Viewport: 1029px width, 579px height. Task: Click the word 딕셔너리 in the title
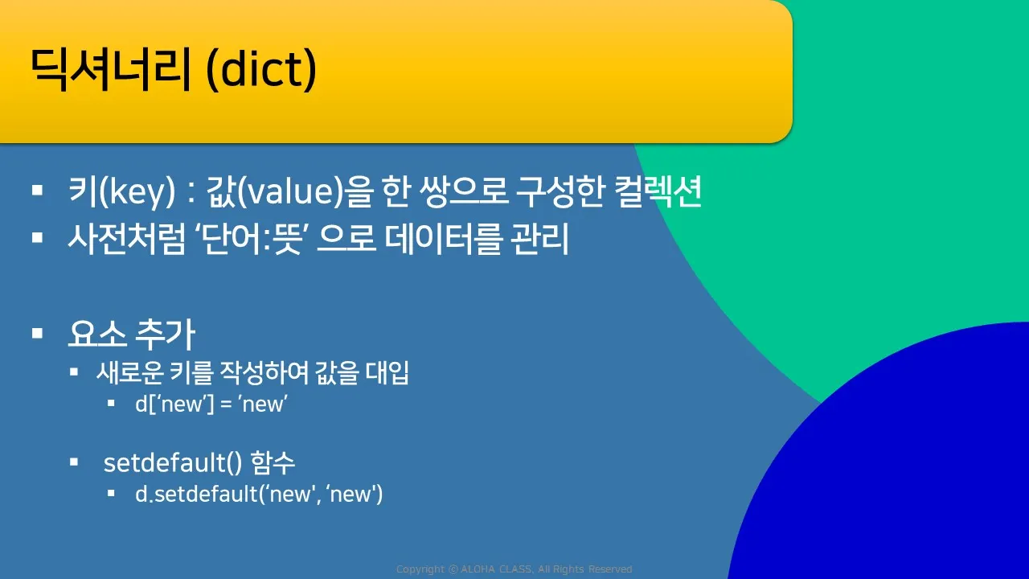click(110, 70)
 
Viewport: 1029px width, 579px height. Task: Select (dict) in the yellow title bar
click(261, 71)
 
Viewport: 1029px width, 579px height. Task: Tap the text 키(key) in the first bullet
click(122, 191)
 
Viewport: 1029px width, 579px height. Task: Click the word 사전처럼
click(127, 239)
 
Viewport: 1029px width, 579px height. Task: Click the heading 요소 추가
click(132, 334)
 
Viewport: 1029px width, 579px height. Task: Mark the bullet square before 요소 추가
click(38, 333)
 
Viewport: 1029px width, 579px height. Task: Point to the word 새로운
click(130, 372)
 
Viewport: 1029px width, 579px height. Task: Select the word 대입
click(387, 372)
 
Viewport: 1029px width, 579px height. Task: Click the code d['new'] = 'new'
click(211, 404)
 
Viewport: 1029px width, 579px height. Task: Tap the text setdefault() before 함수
click(173, 462)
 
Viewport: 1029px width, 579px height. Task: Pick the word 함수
click(273, 462)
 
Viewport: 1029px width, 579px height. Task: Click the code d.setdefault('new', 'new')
click(259, 495)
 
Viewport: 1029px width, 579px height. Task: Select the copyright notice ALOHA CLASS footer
click(514, 569)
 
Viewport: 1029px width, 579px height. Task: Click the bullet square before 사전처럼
click(38, 237)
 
